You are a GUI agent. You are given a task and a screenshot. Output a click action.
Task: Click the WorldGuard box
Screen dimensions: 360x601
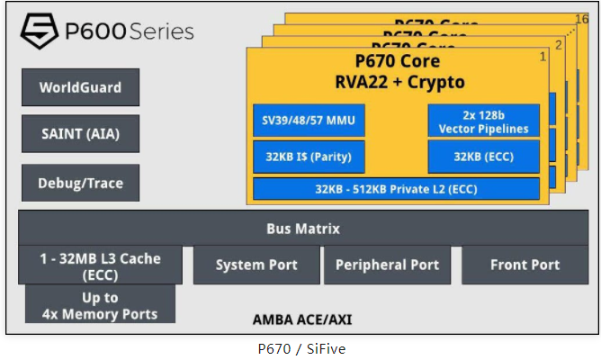tap(80, 87)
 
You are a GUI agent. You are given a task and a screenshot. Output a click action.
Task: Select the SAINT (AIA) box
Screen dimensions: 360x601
tap(80, 134)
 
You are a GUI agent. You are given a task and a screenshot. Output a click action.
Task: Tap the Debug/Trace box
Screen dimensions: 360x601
tap(80, 183)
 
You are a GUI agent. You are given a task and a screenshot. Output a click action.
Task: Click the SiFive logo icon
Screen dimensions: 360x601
tap(39, 32)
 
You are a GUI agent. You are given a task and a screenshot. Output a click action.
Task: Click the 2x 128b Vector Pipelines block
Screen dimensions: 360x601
tap(483, 121)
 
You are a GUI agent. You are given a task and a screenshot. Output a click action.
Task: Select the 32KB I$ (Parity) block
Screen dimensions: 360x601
tap(308, 157)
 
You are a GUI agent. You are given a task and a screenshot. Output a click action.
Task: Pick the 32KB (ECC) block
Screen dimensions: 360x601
tap(483, 157)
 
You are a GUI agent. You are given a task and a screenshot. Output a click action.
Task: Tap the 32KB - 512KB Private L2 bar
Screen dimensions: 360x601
tap(396, 189)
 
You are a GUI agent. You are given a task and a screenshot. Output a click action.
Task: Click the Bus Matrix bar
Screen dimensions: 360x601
tap(303, 229)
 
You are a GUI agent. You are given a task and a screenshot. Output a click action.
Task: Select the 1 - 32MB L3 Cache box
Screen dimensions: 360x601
tap(99, 265)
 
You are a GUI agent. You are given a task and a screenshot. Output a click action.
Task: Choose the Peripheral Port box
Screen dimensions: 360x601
tap(387, 265)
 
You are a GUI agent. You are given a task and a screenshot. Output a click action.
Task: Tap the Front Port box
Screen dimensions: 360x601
tap(525, 265)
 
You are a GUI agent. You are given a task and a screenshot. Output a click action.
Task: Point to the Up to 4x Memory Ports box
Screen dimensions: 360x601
tap(99, 305)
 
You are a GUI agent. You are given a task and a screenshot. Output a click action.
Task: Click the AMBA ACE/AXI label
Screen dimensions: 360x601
tap(303, 319)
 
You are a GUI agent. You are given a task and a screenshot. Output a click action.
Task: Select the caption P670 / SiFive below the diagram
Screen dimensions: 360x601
tap(299, 347)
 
